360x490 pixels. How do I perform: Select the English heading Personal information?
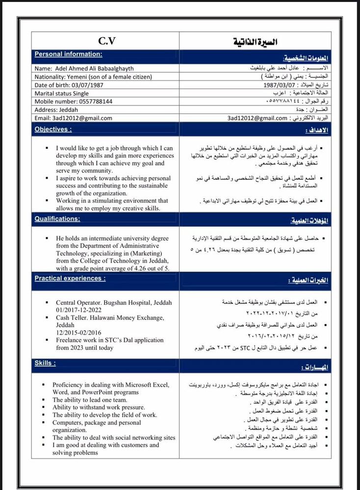pyautogui.click(x=68, y=54)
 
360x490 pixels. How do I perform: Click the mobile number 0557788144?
pyautogui.click(x=94, y=101)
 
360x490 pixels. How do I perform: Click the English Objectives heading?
pyautogui.click(x=53, y=129)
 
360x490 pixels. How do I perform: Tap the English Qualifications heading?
pyautogui.click(x=57, y=219)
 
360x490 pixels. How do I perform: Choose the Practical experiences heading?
pyautogui.click(x=70, y=278)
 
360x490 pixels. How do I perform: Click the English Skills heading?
pyautogui.click(x=45, y=363)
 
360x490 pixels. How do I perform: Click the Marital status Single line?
pyautogui.click(x=62, y=93)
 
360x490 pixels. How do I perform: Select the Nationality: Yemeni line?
pyautogui.click(x=93, y=76)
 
